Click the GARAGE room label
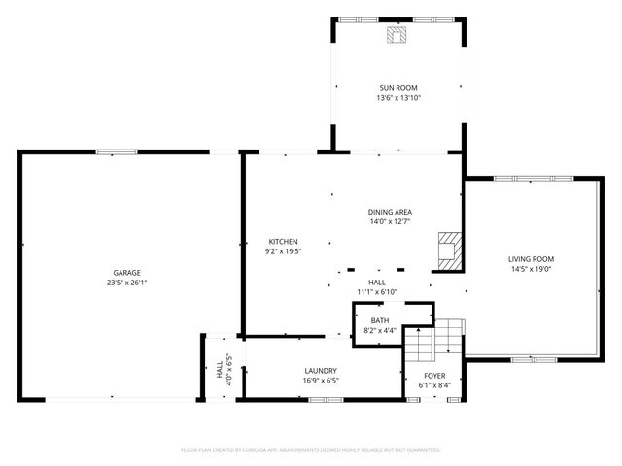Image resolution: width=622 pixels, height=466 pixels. click(x=126, y=273)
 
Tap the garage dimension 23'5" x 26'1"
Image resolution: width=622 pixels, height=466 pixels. click(x=126, y=283)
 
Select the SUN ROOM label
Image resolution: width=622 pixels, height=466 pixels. click(x=398, y=88)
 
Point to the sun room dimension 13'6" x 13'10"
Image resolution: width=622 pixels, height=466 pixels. click(x=398, y=98)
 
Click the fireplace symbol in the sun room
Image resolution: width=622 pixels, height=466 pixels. click(x=397, y=36)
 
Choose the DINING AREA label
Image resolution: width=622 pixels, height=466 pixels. click(x=390, y=212)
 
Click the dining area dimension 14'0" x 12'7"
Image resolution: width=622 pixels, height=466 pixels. click(x=390, y=221)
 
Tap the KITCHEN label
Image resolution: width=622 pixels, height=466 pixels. click(x=283, y=242)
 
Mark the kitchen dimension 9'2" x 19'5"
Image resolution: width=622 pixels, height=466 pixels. click(x=283, y=251)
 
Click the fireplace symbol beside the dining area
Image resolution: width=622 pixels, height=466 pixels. click(x=449, y=249)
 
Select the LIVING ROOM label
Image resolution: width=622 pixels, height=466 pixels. click(x=531, y=259)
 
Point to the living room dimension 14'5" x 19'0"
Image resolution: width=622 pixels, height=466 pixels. click(x=531, y=269)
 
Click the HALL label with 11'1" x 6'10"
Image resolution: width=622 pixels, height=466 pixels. click(x=377, y=282)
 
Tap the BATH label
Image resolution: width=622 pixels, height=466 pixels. click(x=379, y=320)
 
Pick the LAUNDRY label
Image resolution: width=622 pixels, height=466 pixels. click(x=321, y=371)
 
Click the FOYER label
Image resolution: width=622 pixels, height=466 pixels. click(x=434, y=375)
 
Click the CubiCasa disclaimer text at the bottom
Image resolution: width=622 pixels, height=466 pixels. click(x=311, y=450)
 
